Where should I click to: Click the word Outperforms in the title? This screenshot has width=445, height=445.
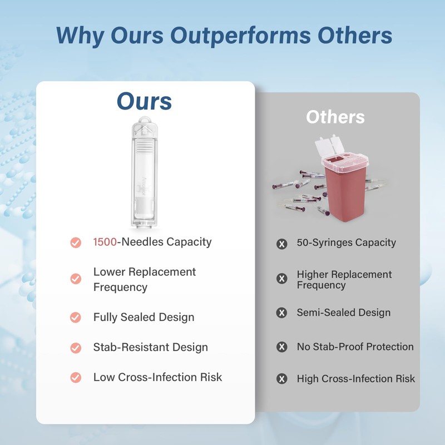[x=241, y=36]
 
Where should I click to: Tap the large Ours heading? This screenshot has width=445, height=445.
[x=144, y=101]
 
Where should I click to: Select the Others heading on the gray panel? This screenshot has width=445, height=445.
[x=335, y=117]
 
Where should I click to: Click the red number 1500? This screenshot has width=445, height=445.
[x=106, y=242]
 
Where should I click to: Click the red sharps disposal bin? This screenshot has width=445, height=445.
[x=346, y=186]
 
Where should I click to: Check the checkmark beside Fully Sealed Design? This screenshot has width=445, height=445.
[x=76, y=318]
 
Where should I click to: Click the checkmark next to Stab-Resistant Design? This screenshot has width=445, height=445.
[x=76, y=348]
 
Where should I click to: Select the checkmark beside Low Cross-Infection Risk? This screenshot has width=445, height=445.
[x=76, y=378]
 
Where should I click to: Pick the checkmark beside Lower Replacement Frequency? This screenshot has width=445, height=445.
[x=76, y=279]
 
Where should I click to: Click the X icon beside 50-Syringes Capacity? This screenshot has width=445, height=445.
[x=282, y=244]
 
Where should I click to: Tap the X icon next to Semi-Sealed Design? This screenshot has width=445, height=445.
[x=282, y=313]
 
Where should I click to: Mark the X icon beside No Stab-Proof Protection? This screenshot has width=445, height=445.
[x=282, y=347]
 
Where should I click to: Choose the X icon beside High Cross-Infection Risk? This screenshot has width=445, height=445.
[x=282, y=379]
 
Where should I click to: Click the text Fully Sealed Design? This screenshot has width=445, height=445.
[x=144, y=318]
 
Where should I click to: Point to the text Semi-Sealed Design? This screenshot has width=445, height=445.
[x=343, y=313]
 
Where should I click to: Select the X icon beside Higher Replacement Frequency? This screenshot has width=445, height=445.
[x=282, y=279]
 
